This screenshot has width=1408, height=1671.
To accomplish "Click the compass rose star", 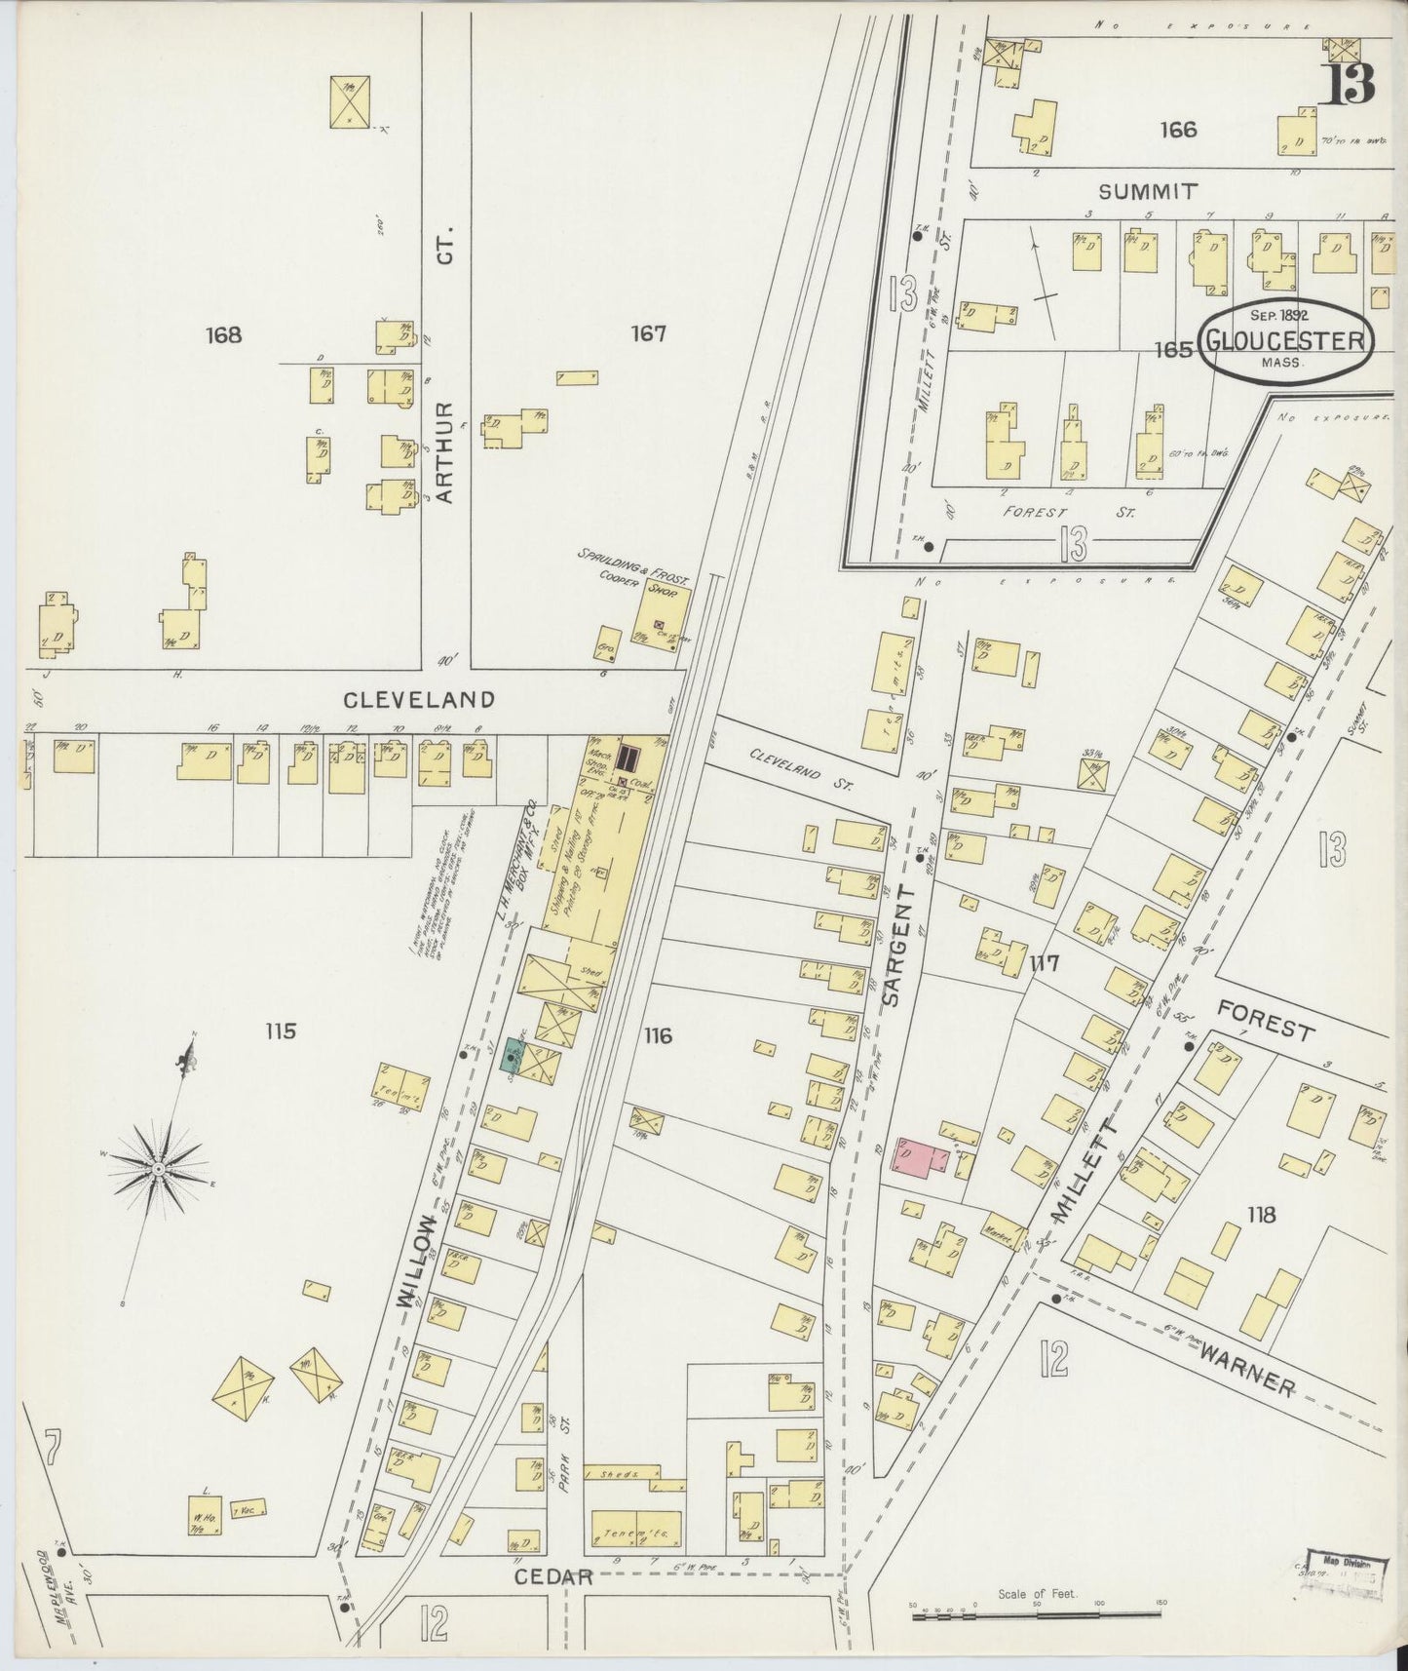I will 158,1167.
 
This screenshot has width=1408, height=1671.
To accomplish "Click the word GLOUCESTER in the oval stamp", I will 1285,341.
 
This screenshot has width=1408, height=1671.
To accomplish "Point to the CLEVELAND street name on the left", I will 419,699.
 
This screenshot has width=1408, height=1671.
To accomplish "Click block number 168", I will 223,335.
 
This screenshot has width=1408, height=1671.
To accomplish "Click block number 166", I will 1178,129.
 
